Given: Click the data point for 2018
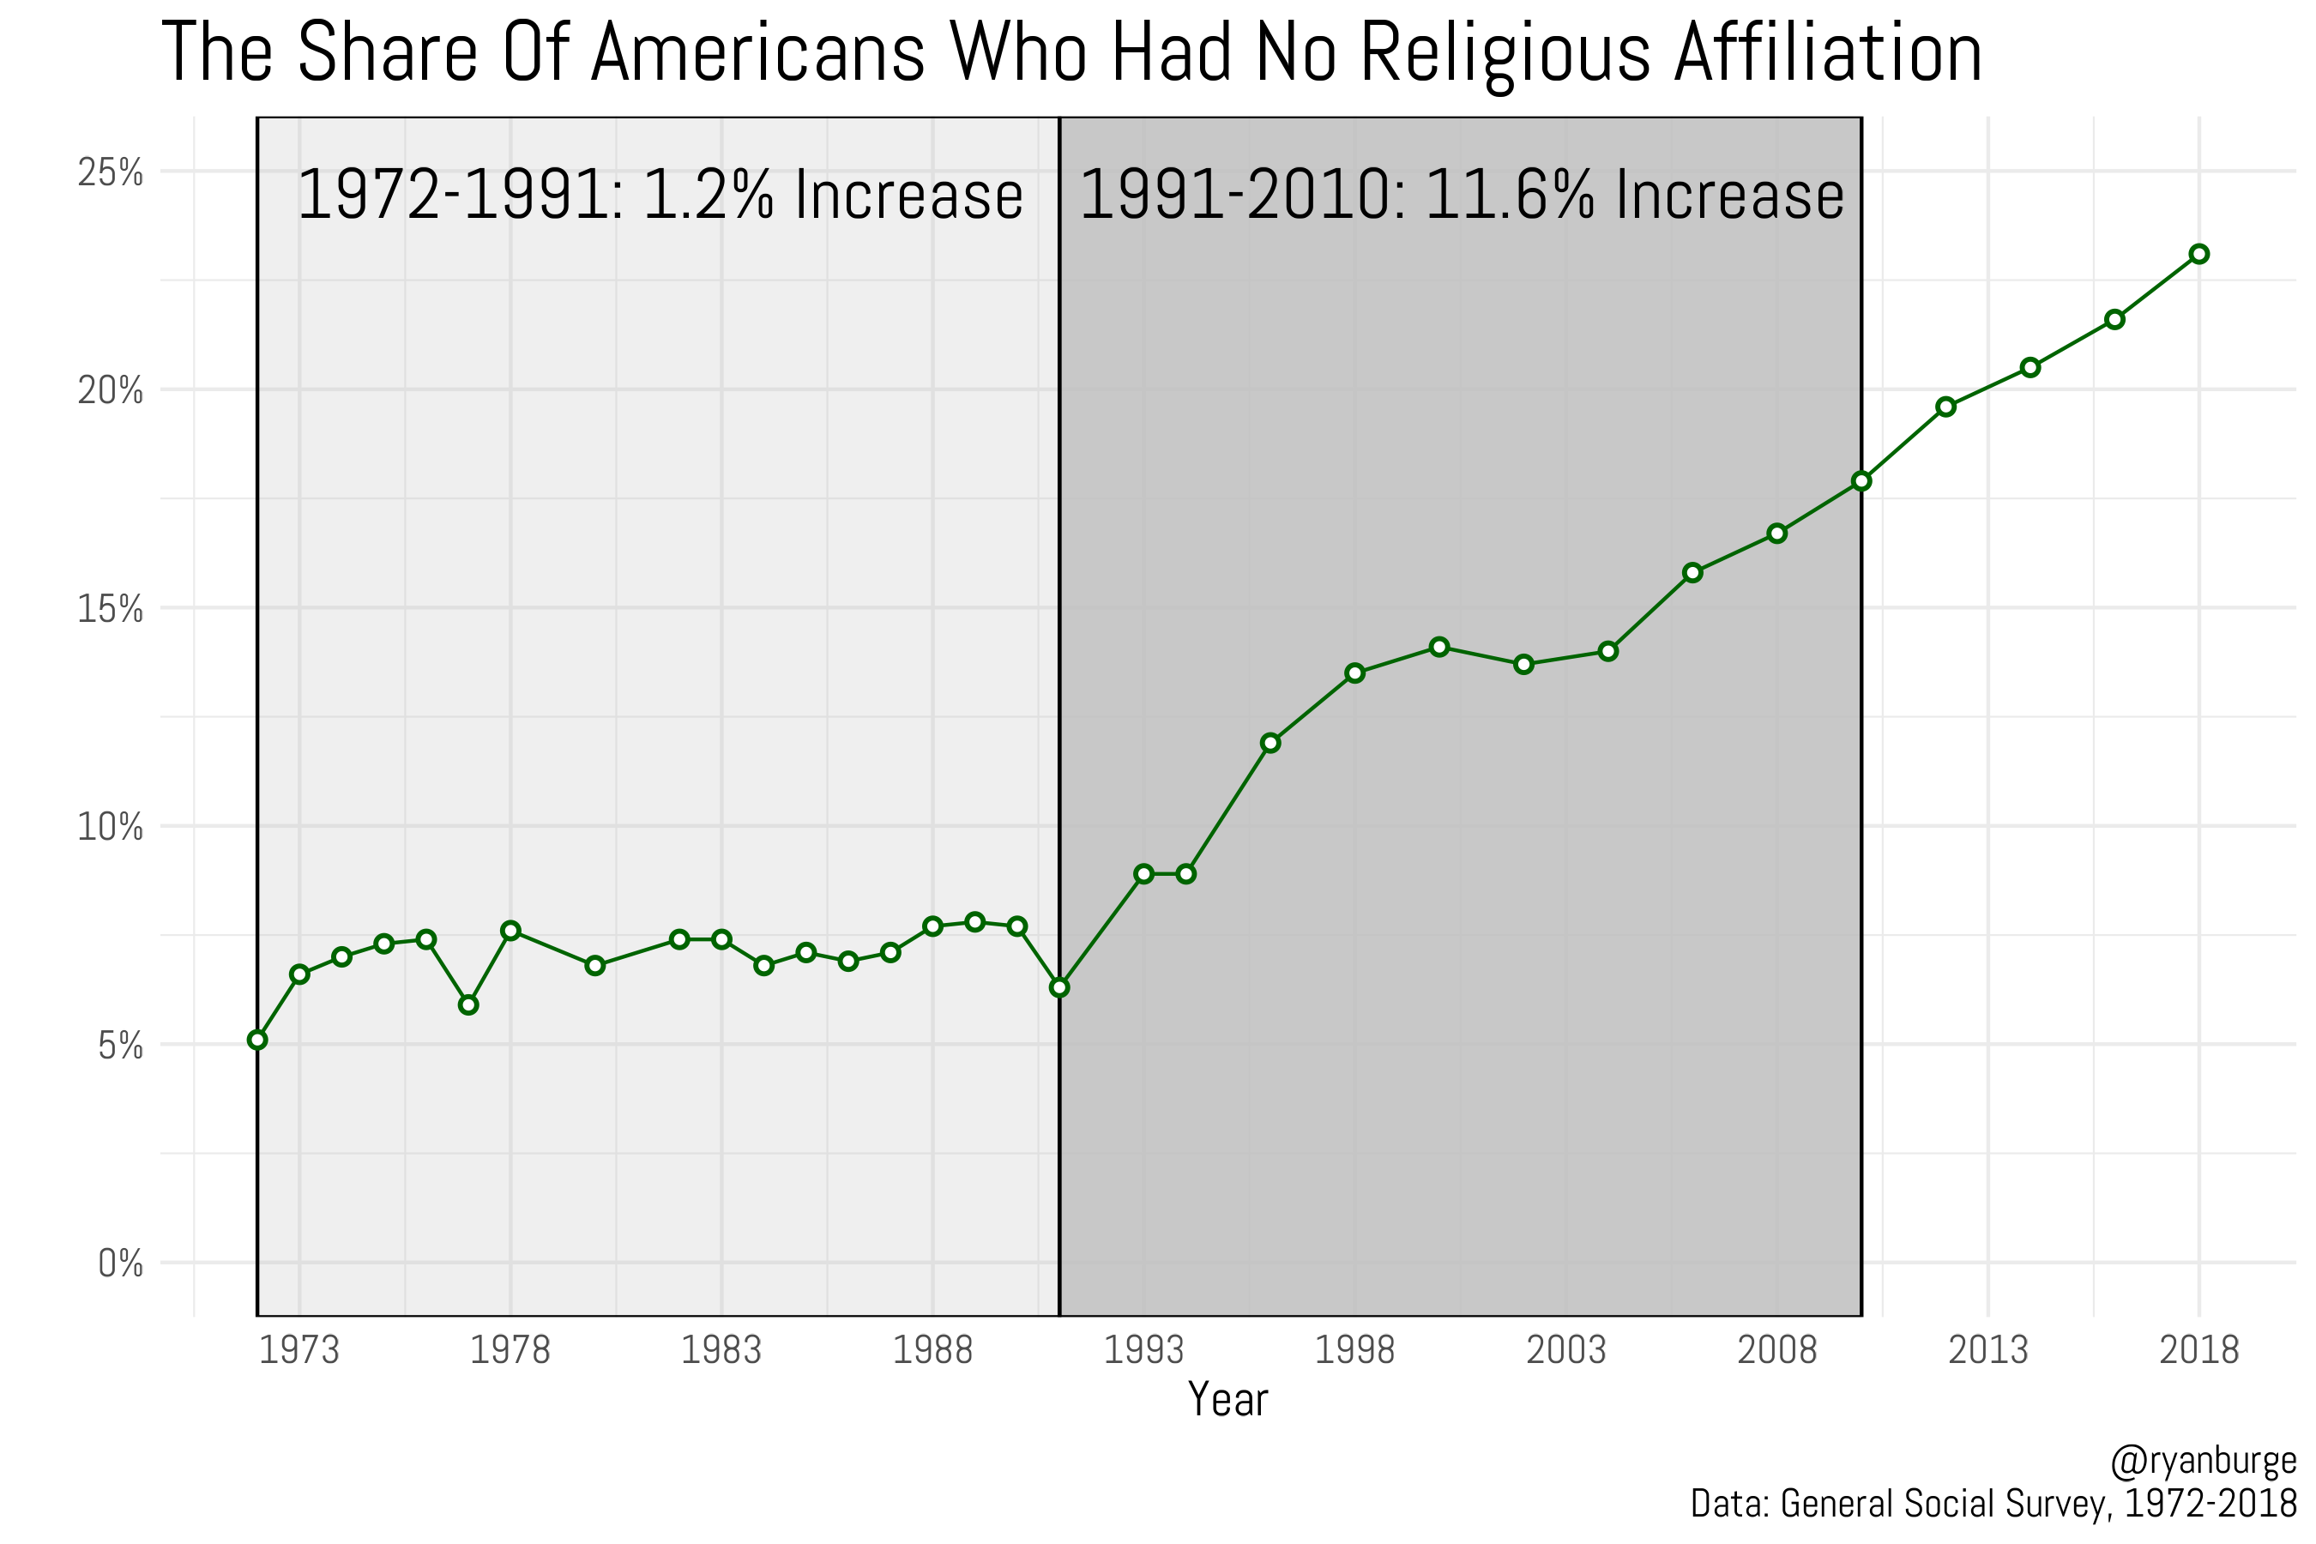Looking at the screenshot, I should (x=2198, y=254).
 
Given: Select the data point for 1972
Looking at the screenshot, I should (x=257, y=1040).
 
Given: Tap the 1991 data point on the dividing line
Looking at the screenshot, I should (x=1059, y=987).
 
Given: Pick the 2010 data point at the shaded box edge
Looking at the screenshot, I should (x=1861, y=481).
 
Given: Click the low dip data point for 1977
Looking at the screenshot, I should (x=468, y=1004).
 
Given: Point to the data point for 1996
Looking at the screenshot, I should (x=1270, y=743).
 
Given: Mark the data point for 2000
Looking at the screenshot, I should (x=1439, y=647).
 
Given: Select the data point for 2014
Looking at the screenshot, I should (x=2030, y=367).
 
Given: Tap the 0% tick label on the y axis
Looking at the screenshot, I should (x=120, y=1264).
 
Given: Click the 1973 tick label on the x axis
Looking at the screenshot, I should (x=299, y=1350).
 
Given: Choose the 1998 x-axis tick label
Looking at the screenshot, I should (x=1355, y=1350).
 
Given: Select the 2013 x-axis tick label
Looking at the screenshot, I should (x=1988, y=1350).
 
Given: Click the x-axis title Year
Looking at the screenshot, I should (x=1228, y=1399).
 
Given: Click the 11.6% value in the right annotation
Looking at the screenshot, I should (x=1509, y=195).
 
